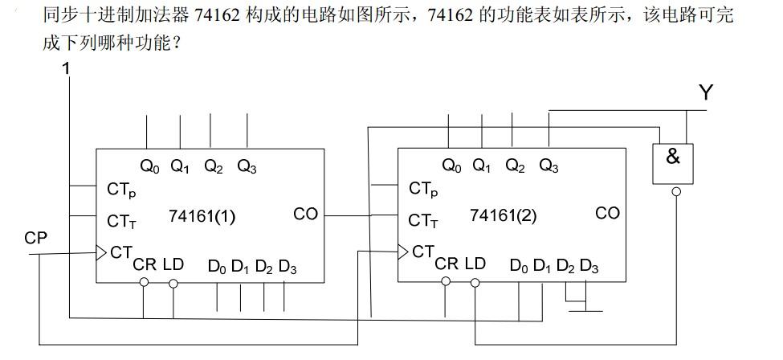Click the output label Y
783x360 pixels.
705,93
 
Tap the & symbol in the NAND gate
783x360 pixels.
673,157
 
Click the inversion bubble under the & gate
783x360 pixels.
676,191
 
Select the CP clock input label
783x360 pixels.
36,238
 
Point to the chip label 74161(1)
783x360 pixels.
202,215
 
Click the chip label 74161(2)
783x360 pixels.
503,215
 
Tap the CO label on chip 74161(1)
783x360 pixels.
305,214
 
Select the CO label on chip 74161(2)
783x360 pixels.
607,213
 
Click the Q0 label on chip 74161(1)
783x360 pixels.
150,167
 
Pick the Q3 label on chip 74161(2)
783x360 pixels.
549,166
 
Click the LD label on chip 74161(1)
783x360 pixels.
173,264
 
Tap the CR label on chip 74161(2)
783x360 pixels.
447,264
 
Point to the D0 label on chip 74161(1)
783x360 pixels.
217,267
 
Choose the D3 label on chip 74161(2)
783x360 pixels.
589,266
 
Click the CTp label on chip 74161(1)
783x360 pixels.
120,190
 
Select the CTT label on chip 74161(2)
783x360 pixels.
422,219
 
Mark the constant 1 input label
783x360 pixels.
67,69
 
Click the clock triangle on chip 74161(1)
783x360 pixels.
101,252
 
